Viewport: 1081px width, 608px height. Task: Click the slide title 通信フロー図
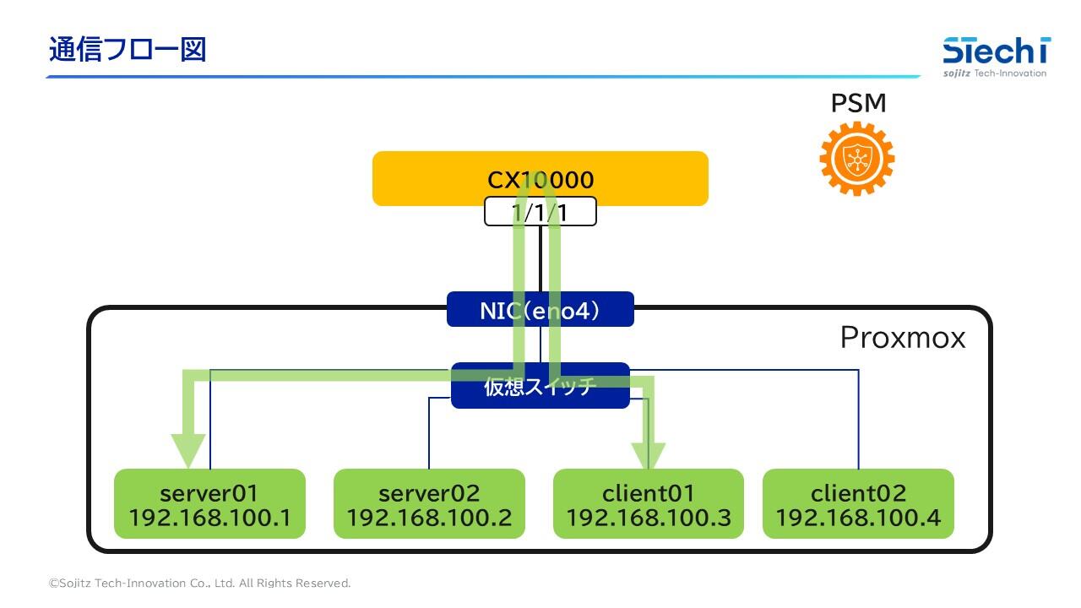pyautogui.click(x=128, y=50)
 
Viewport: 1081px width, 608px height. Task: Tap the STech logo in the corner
pyautogui.click(x=996, y=52)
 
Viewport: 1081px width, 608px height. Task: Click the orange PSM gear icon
pyautogui.click(x=856, y=158)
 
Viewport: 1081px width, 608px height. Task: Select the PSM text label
pyautogui.click(x=858, y=103)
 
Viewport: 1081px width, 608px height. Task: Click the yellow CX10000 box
pyautogui.click(x=422, y=178)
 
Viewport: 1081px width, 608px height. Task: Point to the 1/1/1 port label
pyautogui.click(x=540, y=213)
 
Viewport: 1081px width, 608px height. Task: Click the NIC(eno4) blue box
pyautogui.click(x=540, y=310)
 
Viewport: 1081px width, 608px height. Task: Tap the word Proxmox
pyautogui.click(x=902, y=338)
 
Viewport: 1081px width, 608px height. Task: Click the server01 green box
pyautogui.click(x=209, y=503)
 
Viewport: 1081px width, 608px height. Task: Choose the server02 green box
pyautogui.click(x=429, y=503)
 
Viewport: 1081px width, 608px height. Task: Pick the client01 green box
pyautogui.click(x=648, y=503)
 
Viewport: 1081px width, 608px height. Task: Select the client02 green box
pyautogui.click(x=858, y=503)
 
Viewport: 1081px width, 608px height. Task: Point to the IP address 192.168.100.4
pyautogui.click(x=858, y=518)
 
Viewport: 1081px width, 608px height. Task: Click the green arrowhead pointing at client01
pyautogui.click(x=649, y=454)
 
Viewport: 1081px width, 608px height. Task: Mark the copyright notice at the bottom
pyautogui.click(x=199, y=584)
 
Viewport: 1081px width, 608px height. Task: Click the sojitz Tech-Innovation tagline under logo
pyautogui.click(x=995, y=73)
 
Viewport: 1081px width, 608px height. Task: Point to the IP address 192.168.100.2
pyautogui.click(x=429, y=518)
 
